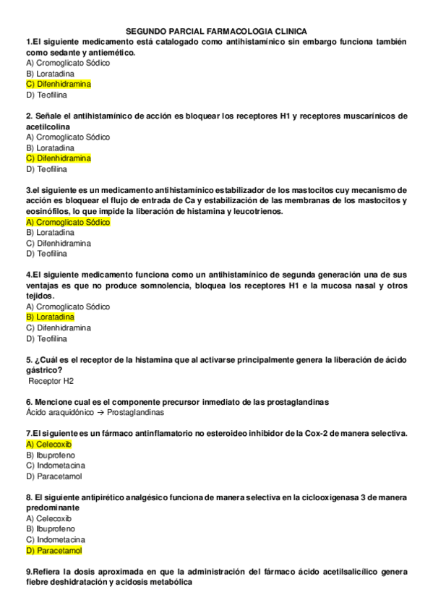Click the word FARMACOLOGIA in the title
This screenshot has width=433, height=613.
pos(233,32)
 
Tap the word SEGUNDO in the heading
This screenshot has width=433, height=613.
pos(145,32)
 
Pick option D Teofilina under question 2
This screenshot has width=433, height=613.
pos(46,169)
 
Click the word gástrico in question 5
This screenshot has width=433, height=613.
pos(42,369)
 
